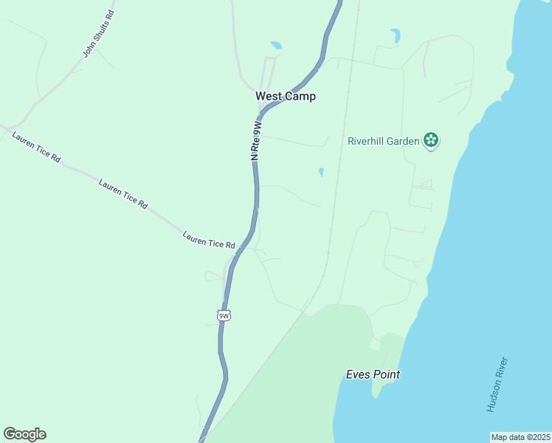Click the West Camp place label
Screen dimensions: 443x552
coord(285,96)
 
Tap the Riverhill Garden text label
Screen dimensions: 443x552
coord(384,140)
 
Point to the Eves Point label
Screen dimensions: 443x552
coord(373,374)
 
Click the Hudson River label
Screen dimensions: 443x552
coord(497,384)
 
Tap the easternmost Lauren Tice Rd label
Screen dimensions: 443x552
coord(208,240)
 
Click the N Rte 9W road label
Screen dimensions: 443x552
coord(256,141)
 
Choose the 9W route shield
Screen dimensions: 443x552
coord(224,315)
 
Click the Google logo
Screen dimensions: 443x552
coord(24,434)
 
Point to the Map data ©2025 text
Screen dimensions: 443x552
coord(520,437)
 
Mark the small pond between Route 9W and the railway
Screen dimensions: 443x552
coord(321,172)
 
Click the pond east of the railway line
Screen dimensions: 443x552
coord(396,35)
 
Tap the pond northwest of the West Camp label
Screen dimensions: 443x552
coord(276,45)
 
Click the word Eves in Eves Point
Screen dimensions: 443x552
coord(358,374)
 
